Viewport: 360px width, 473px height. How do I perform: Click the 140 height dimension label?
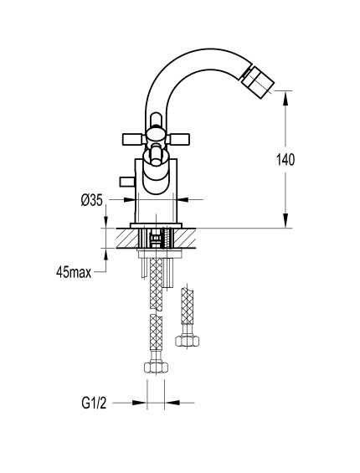point(285,160)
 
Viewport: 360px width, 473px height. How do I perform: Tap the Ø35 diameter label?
point(92,200)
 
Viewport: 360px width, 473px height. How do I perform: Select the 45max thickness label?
point(74,272)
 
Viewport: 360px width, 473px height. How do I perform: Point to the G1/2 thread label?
point(94,403)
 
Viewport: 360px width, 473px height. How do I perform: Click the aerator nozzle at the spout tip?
point(258,79)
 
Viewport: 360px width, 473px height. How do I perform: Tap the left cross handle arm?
point(134,139)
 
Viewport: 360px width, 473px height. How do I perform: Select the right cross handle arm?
point(177,139)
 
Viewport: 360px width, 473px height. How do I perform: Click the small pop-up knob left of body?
point(127,182)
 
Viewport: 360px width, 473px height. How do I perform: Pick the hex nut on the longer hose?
point(156,368)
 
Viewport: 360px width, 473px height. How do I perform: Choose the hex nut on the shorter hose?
point(187,341)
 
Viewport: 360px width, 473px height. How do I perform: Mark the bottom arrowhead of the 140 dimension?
point(285,220)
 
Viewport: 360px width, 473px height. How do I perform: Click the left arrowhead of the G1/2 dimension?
point(140,403)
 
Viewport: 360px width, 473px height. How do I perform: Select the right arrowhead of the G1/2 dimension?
point(172,403)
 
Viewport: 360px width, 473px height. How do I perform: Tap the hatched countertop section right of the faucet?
point(184,239)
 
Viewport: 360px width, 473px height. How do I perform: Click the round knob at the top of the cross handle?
point(156,120)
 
